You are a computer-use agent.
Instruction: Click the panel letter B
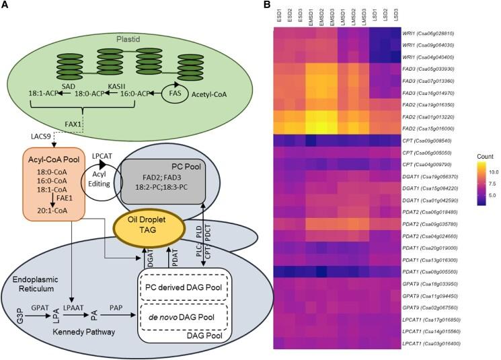tap(267, 6)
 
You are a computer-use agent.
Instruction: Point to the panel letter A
tap(6, 6)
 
